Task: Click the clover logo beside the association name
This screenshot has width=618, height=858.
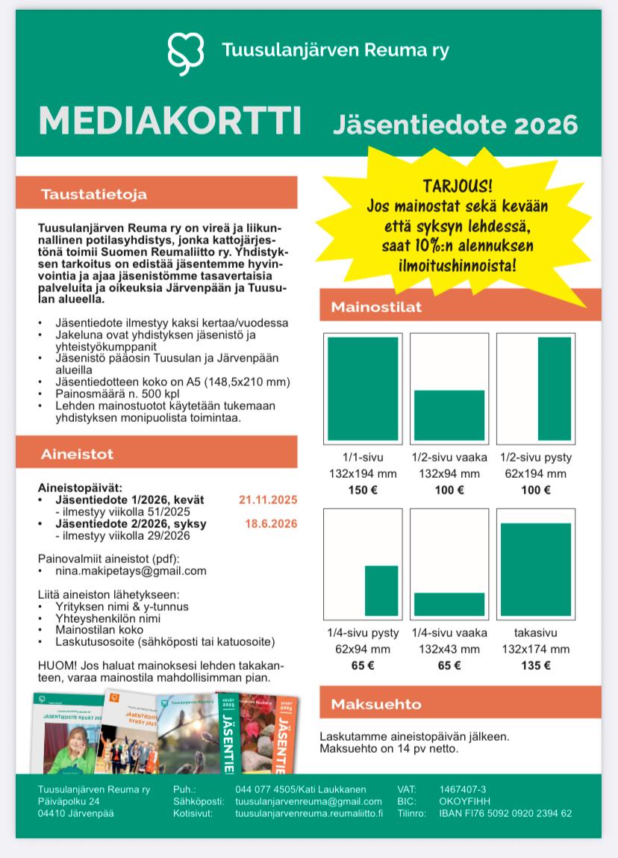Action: (186, 51)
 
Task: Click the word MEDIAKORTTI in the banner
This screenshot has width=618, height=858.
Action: (169, 121)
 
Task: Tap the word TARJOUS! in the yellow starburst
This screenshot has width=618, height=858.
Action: (458, 186)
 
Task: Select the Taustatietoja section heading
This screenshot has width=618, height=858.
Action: (94, 194)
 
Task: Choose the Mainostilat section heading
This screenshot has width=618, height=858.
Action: (376, 307)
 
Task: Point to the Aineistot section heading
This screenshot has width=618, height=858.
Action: (78, 454)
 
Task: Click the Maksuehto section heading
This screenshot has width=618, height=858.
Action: (376, 704)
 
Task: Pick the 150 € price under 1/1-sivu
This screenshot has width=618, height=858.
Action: (362, 490)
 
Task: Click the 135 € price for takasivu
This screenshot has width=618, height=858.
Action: (535, 665)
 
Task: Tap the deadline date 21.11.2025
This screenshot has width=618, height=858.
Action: (268, 500)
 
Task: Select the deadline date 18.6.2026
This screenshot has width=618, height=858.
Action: (271, 523)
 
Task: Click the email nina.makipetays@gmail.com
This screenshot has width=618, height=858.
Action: (131, 571)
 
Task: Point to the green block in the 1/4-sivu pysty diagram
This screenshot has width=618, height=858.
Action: (381, 590)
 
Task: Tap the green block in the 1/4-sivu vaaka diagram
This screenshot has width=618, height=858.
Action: (449, 603)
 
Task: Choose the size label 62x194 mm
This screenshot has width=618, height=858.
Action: (535, 473)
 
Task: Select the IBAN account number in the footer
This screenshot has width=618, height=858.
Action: (505, 813)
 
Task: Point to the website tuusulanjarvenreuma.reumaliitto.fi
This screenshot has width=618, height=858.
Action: (308, 813)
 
